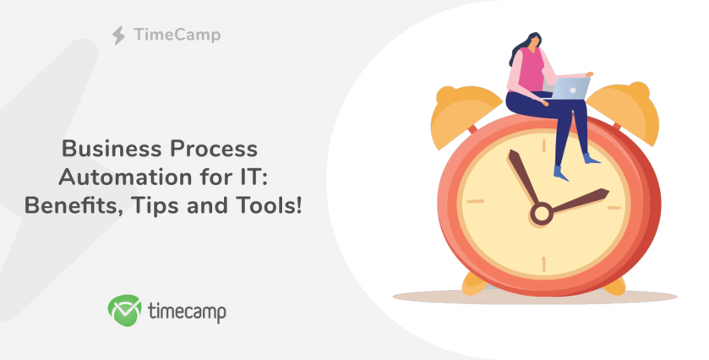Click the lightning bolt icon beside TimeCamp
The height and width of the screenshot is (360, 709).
(x=118, y=35)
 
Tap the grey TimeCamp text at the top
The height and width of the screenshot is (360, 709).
(x=177, y=35)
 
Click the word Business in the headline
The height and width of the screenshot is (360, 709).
(x=112, y=149)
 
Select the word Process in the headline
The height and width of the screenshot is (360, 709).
(x=214, y=149)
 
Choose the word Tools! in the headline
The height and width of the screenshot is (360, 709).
(x=270, y=206)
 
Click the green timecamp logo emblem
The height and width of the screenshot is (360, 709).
(x=124, y=310)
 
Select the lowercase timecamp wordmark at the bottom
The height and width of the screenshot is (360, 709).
(x=187, y=312)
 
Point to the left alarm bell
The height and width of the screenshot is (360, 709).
(x=462, y=114)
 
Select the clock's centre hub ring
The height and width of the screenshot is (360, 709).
(x=541, y=214)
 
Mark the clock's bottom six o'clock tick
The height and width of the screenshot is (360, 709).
(x=543, y=265)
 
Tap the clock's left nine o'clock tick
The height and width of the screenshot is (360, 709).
(x=475, y=201)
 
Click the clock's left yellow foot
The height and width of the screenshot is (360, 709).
(x=474, y=284)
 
